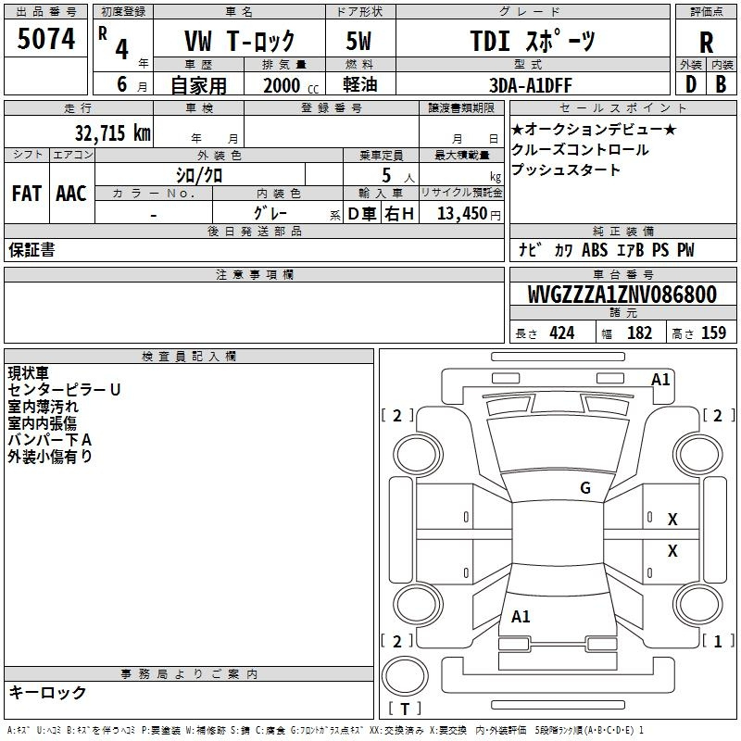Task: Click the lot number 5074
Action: (x=45, y=39)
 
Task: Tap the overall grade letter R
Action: (x=706, y=43)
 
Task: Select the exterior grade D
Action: (x=691, y=84)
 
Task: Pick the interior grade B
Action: (x=721, y=84)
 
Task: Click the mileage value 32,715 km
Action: (x=112, y=133)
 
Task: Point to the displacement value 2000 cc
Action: (x=291, y=85)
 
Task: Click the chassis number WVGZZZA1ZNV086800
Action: (x=622, y=295)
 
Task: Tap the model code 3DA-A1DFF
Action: (x=530, y=85)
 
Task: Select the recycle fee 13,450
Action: (x=461, y=213)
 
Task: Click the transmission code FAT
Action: (x=27, y=194)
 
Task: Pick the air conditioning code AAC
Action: (x=71, y=194)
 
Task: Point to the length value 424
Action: (x=562, y=333)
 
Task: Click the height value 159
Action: (x=713, y=333)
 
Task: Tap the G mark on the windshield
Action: (x=585, y=487)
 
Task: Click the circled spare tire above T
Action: (x=405, y=676)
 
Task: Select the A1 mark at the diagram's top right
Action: (x=660, y=380)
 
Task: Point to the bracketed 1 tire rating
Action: (x=718, y=641)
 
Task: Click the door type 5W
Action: (x=358, y=41)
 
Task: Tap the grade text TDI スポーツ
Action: (x=532, y=41)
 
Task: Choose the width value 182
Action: (x=639, y=333)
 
